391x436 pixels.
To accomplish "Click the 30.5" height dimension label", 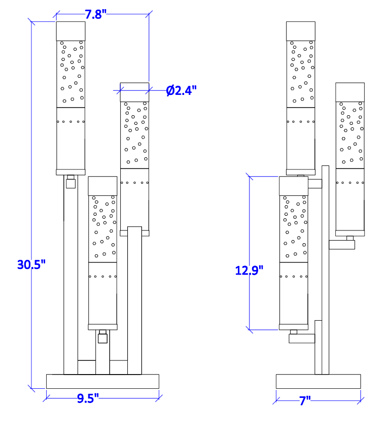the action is [31, 264].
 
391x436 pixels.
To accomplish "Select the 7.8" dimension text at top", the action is [96, 14].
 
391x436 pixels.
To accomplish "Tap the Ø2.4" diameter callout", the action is [181, 91].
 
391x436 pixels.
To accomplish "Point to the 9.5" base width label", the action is [88, 398].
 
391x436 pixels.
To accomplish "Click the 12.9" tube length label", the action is [249, 270].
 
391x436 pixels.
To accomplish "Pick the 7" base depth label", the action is [305, 400].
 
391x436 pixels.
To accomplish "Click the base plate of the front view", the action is [102, 381].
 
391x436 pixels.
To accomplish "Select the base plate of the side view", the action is [318, 381].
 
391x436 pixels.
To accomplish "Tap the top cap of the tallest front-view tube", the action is [71, 31].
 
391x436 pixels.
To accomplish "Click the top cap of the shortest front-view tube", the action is [102, 186].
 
